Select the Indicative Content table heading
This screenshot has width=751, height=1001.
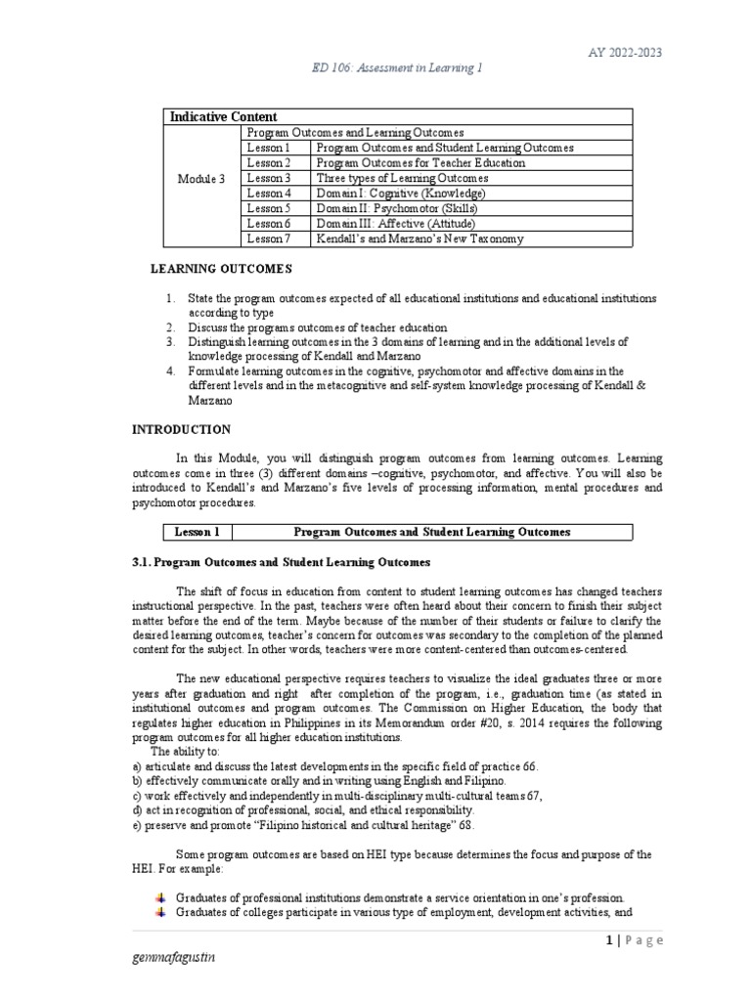point(223,116)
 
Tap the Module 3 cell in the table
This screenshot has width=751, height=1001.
point(200,179)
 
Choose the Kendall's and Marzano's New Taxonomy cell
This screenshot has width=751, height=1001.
point(419,238)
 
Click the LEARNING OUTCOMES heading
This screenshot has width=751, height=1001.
point(220,268)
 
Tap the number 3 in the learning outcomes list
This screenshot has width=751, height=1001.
point(169,342)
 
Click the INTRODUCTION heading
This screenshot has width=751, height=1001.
point(182,429)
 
